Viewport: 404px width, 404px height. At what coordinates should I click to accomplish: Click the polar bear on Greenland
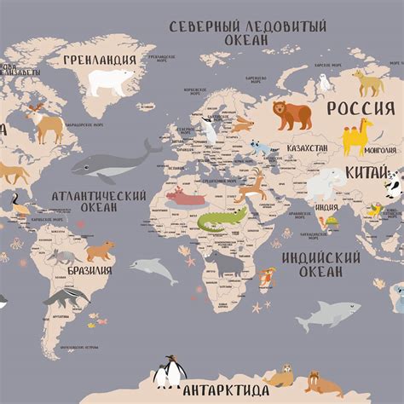tap(111, 81)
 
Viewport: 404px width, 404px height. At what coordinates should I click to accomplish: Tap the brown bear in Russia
tap(291, 113)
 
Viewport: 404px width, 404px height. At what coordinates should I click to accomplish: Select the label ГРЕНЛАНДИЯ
tap(100, 60)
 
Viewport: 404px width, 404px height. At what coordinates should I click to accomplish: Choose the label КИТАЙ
tap(368, 173)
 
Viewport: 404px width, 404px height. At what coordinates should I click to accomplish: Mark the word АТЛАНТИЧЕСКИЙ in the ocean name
tap(98, 195)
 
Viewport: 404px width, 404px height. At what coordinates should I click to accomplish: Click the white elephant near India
tap(326, 183)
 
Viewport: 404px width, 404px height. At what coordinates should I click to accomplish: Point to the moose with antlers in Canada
tap(44, 124)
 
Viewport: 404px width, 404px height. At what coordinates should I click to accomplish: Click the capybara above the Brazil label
tap(100, 251)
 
